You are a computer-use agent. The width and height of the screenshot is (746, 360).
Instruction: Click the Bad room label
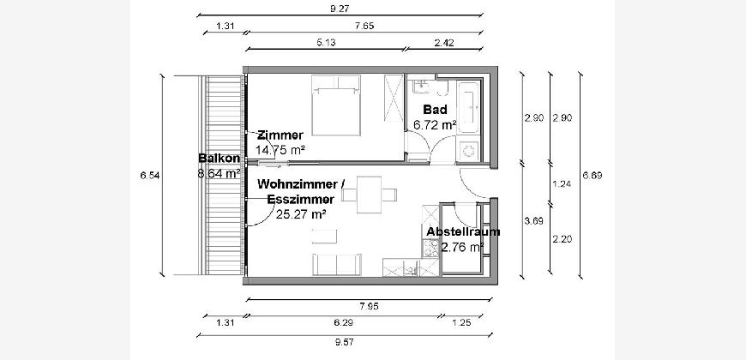[435, 110]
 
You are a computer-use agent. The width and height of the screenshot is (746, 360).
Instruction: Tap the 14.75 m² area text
[280, 150]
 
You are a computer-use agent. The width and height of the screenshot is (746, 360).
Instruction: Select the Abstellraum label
[463, 231]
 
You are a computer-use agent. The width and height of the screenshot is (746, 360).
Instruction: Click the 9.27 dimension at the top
[340, 8]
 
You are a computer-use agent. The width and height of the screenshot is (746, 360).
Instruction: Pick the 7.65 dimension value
[364, 26]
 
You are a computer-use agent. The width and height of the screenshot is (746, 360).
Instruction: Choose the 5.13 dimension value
[326, 42]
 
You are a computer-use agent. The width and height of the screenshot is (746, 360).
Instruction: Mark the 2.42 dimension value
[444, 42]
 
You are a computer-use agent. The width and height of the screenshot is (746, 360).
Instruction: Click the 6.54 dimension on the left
[149, 176]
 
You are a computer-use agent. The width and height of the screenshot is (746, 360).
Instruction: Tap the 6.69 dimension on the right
[593, 176]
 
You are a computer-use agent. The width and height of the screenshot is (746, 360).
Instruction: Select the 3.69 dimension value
[534, 221]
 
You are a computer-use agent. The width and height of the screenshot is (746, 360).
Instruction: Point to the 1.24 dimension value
[563, 183]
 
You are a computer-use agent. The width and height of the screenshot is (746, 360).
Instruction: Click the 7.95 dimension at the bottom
[370, 306]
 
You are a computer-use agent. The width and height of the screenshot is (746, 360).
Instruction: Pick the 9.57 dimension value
[345, 342]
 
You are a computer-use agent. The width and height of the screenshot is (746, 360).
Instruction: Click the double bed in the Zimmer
[336, 105]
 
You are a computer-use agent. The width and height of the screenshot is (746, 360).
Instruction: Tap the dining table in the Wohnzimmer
[370, 195]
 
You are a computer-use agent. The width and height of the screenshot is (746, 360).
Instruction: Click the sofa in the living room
[337, 264]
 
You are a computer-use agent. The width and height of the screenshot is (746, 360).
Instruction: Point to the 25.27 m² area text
[301, 214]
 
